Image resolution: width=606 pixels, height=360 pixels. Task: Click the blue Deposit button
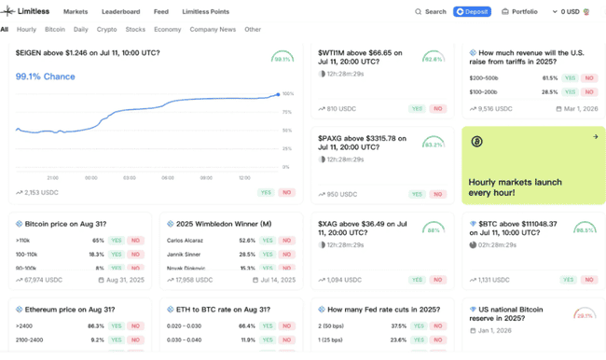click(x=472, y=12)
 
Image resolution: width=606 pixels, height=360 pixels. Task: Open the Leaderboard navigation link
click(x=120, y=12)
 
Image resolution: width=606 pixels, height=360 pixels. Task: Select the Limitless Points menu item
click(x=205, y=12)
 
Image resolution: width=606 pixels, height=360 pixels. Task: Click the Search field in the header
click(x=431, y=12)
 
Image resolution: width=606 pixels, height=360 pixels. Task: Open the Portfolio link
click(x=519, y=12)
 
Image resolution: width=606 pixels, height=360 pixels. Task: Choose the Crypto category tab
click(x=107, y=29)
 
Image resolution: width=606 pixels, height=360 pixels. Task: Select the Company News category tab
click(x=213, y=29)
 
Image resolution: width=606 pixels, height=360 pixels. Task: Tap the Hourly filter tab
click(x=27, y=29)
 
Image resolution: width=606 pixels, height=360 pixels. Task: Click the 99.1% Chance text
click(x=45, y=76)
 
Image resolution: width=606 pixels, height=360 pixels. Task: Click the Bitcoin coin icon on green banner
click(x=476, y=142)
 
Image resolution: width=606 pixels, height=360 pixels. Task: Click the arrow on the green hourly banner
click(x=595, y=137)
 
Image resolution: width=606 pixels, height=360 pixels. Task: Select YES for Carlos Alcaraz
click(x=268, y=241)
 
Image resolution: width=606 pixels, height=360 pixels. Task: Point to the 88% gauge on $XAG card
click(x=433, y=229)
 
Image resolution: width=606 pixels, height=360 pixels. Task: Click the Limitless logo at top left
click(x=27, y=12)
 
